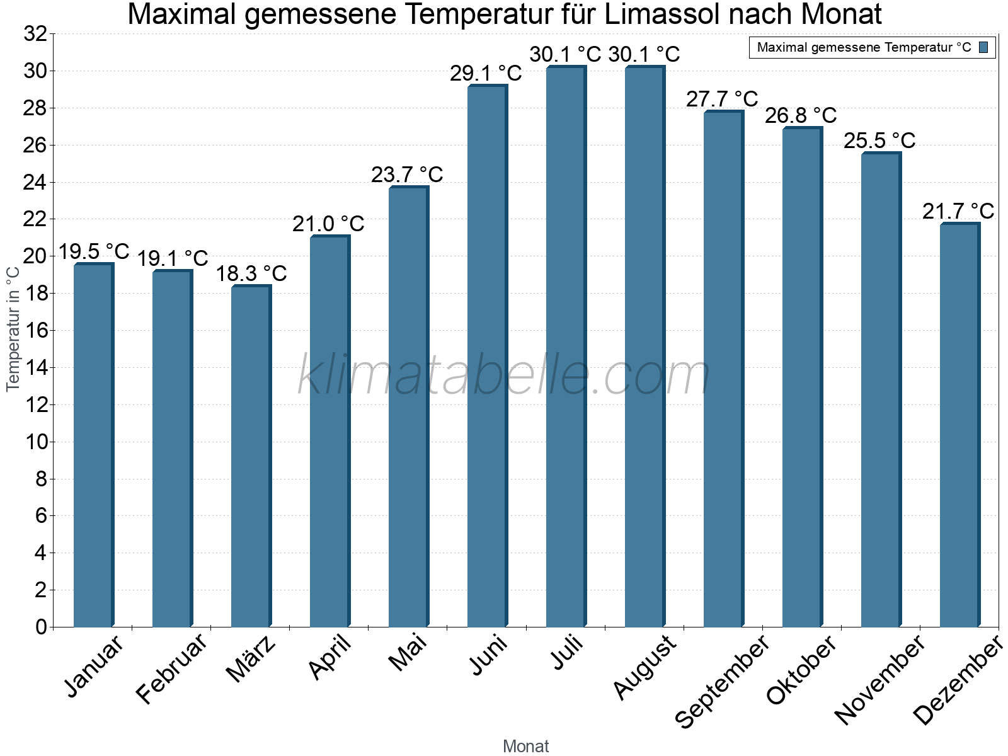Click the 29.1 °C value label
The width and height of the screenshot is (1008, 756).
click(486, 74)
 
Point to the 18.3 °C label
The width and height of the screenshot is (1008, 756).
click(251, 273)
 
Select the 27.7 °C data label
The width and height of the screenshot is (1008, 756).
click(722, 99)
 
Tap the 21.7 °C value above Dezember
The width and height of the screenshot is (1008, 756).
click(958, 211)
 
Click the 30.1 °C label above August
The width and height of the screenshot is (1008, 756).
click(644, 55)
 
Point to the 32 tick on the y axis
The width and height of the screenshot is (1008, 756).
click(35, 34)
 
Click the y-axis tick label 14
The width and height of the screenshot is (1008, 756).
click(35, 368)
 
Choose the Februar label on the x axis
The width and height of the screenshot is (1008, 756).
click(171, 668)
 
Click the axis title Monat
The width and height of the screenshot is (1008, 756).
click(525, 746)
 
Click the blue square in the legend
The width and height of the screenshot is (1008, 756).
click(984, 47)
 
